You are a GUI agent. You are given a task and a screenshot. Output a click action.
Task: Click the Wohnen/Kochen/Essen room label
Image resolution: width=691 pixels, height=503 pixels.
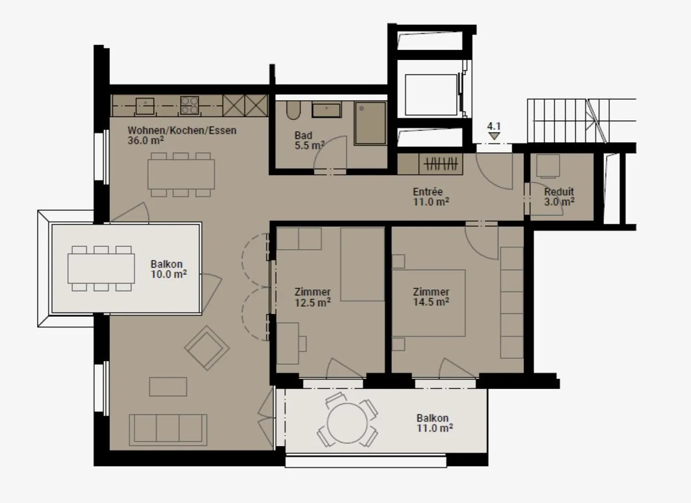tap(182, 130)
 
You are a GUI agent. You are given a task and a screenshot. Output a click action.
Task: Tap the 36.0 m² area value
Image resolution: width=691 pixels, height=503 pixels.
tap(145, 140)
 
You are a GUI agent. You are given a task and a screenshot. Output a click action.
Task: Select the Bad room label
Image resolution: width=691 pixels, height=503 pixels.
tap(303, 136)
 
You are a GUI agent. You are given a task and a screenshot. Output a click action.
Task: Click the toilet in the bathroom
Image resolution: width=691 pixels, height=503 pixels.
tap(293, 110)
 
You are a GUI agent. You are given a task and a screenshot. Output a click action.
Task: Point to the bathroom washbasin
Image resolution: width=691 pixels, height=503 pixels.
tap(326, 110)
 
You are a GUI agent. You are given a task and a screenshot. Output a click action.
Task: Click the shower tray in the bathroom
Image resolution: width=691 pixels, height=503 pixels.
tap(370, 123)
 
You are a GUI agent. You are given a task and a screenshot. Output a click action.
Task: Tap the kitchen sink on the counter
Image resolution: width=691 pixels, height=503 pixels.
tap(144, 106)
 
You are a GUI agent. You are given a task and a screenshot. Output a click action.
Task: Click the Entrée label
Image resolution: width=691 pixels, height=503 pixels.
tap(428, 192)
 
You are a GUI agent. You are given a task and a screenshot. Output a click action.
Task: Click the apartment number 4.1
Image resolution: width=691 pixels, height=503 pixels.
tap(494, 127)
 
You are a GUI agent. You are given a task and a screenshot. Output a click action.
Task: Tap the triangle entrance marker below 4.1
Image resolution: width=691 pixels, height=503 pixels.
tap(494, 136)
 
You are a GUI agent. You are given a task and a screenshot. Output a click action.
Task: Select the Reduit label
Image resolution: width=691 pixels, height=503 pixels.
tap(559, 192)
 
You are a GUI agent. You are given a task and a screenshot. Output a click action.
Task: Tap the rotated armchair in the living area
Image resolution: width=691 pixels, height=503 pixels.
tap(206, 348)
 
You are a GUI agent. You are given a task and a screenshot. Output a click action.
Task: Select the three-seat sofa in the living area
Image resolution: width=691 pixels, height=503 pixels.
tap(168, 428)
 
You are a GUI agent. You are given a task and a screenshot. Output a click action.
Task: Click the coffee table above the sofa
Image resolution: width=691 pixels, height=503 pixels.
tap(168, 386)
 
